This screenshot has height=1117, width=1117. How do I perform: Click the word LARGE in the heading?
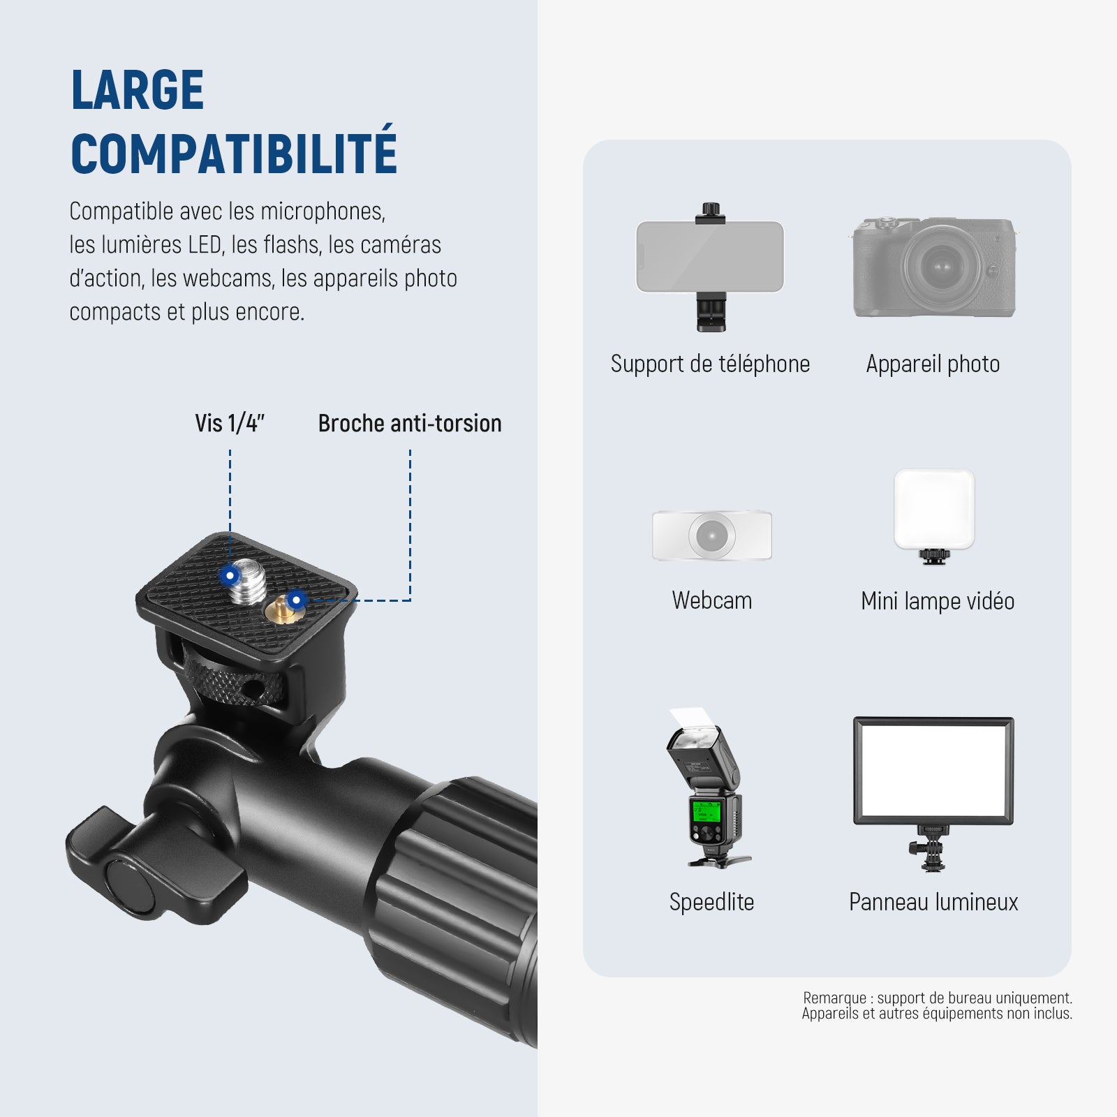coord(138,90)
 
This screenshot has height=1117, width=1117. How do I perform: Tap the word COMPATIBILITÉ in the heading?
coord(234,151)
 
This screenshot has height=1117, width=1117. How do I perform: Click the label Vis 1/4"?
coord(230,423)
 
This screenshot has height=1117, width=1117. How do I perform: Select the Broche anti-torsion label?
coord(410,423)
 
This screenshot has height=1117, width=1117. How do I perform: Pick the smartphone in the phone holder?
coord(710,257)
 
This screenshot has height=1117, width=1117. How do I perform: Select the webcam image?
coord(711,535)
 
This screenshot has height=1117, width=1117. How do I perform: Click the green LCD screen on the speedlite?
coord(706,813)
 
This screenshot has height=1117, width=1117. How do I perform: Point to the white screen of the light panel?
coord(933,771)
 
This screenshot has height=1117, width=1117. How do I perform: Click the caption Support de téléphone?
coord(710,364)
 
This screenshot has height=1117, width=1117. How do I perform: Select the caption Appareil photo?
coord(933,364)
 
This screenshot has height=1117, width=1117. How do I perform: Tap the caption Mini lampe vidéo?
coord(938,601)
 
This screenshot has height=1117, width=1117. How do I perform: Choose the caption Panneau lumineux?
coord(933,902)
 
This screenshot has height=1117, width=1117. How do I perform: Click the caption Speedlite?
coord(711,902)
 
